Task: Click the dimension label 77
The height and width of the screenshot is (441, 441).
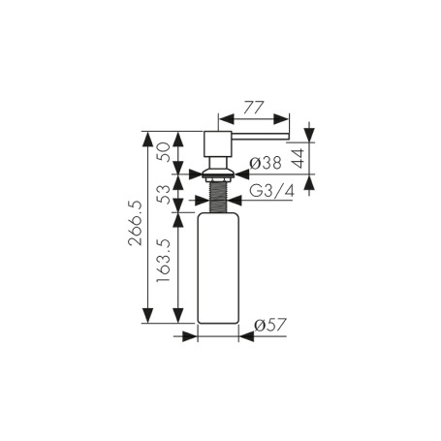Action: (254, 108)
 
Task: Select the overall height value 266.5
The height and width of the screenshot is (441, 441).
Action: (135, 223)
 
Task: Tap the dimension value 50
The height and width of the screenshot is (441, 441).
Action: (163, 152)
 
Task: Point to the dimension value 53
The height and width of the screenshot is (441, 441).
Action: (163, 194)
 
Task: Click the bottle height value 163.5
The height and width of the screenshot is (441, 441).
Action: (163, 261)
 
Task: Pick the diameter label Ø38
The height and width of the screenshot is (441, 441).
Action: (266, 163)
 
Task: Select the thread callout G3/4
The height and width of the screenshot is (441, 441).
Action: (272, 191)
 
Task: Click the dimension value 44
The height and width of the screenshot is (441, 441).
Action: (299, 158)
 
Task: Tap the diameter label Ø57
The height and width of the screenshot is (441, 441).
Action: (270, 325)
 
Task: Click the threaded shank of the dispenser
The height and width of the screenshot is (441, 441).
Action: (219, 197)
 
